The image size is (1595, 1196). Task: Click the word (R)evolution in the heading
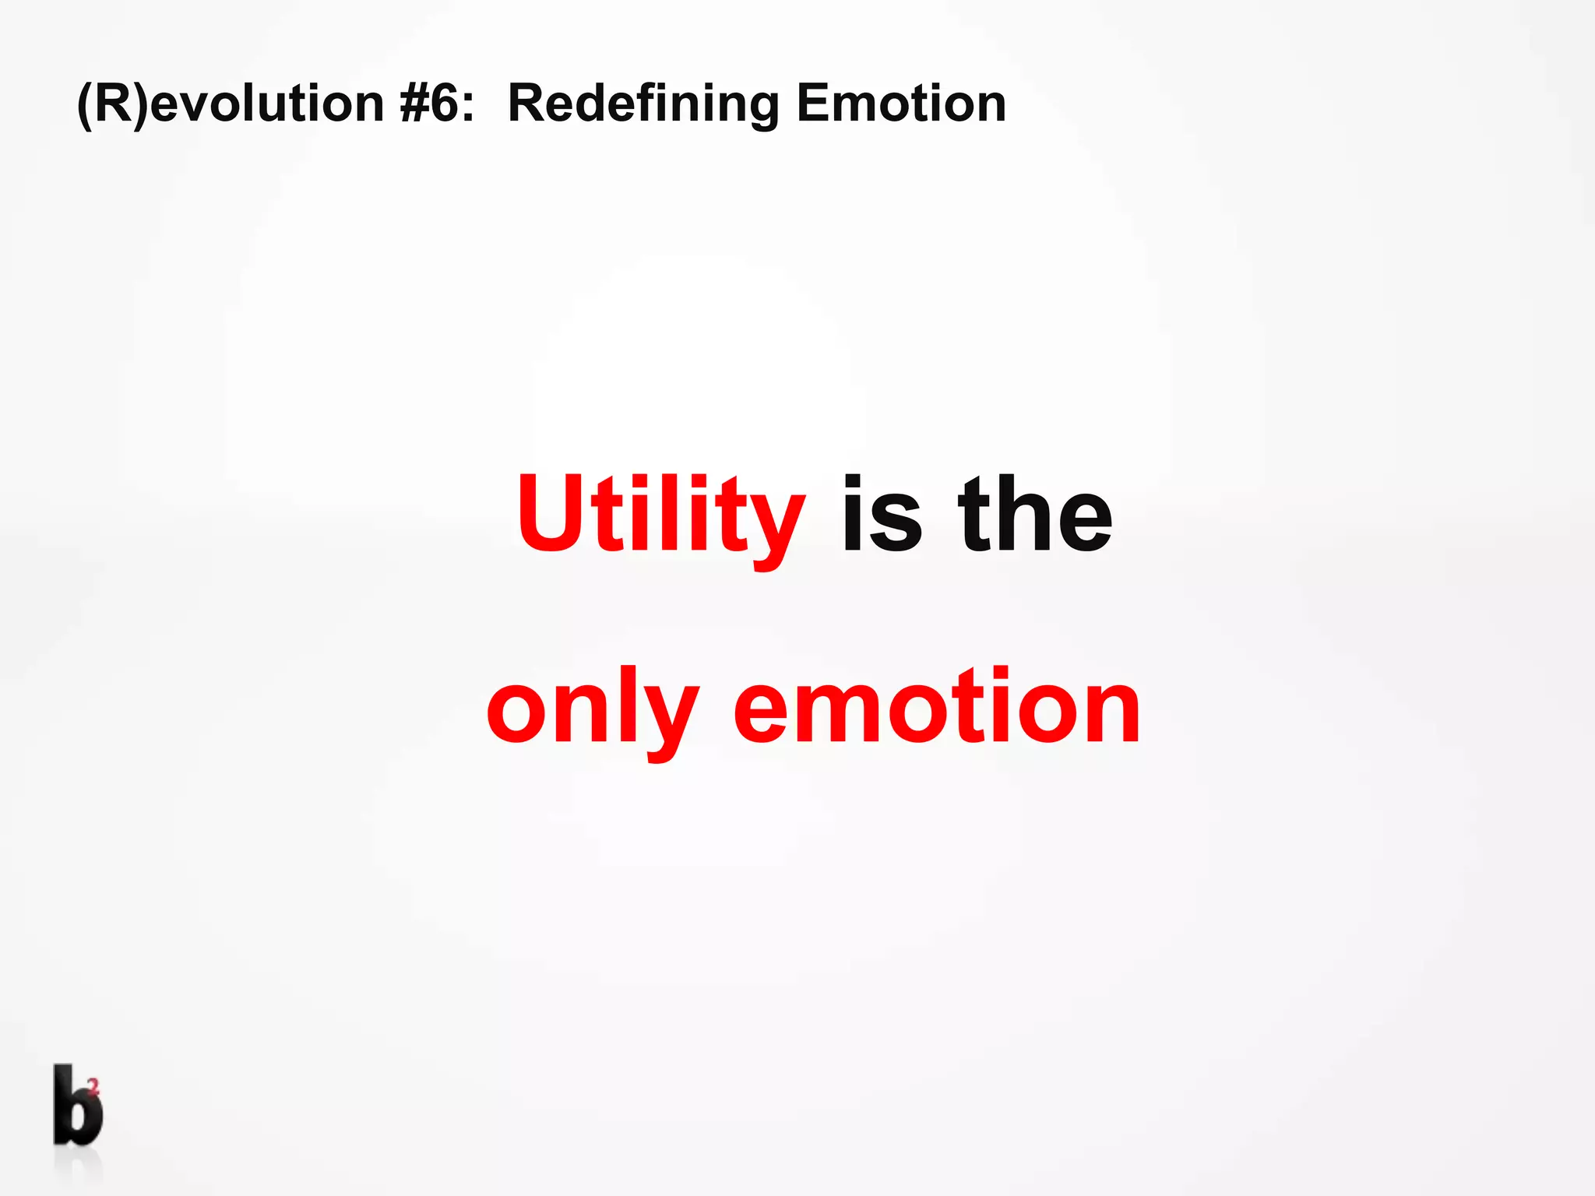(x=231, y=104)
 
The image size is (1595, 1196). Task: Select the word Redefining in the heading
(x=643, y=104)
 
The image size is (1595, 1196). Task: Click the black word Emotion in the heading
(x=901, y=104)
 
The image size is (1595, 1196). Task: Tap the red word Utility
(x=660, y=515)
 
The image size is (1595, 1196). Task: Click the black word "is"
(x=882, y=515)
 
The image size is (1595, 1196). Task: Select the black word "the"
(x=1035, y=515)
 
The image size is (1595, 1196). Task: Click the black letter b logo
(x=76, y=1106)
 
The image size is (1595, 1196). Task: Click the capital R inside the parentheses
(x=114, y=104)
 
